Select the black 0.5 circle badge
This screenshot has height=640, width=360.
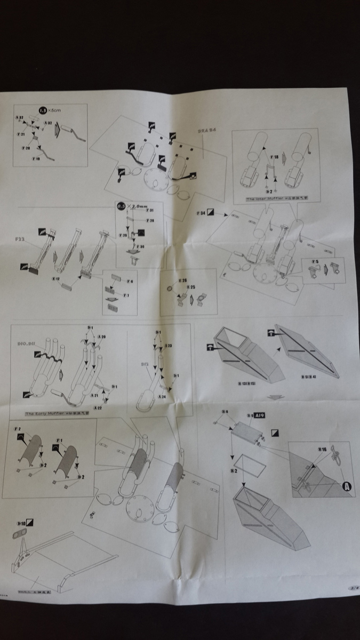pos(122,205)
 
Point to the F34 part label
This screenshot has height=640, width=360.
pos(201,213)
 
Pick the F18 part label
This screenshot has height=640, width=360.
pos(275,158)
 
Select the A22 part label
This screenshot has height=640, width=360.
pos(97,407)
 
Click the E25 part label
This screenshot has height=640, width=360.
pos(183,281)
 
